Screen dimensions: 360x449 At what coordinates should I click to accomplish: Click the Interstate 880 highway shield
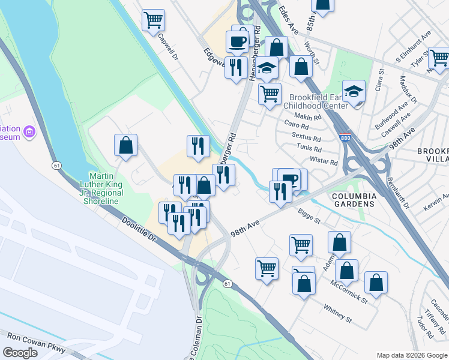pos(345,137)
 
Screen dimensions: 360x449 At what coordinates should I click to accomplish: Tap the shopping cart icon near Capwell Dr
pos(153,20)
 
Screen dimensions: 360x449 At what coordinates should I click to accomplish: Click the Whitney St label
pos(337,313)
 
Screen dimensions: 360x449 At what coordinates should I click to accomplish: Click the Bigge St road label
pos(309,215)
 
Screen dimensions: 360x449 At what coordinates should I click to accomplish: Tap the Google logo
pos(20,352)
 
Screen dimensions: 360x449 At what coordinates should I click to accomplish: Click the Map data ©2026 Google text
pos(411,355)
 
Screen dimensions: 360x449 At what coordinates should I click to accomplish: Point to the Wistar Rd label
pos(324,161)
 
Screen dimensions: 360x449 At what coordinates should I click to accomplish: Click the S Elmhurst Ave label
pos(414,48)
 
